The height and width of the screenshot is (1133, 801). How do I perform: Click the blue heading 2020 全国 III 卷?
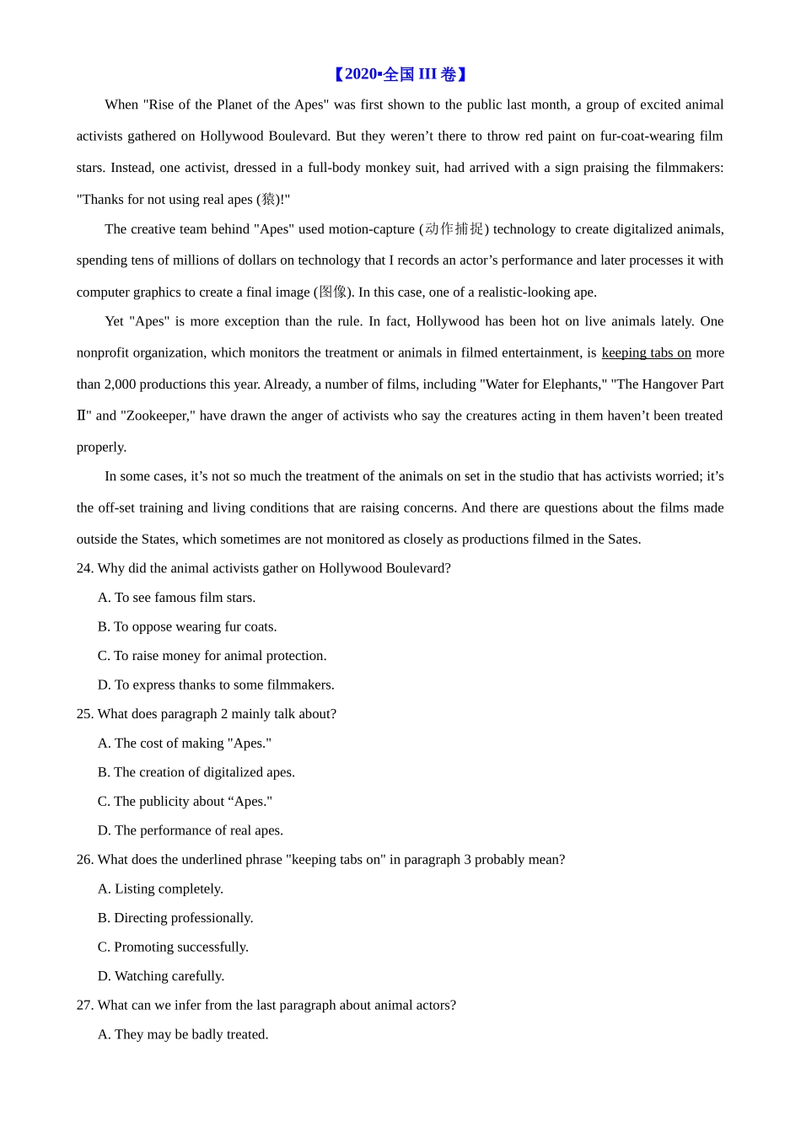400,74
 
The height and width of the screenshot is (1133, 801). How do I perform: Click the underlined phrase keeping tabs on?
646,353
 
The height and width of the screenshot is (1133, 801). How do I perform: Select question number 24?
84,568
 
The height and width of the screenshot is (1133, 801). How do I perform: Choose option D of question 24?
216,685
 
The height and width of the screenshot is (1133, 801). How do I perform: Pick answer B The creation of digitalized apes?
196,772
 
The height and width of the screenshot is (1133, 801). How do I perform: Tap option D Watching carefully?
161,976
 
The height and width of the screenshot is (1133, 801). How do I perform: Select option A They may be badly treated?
183,1034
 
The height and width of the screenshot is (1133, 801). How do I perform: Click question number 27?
84,1005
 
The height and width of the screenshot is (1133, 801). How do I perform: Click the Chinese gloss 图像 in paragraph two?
333,292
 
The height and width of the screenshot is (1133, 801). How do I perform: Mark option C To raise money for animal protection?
212,656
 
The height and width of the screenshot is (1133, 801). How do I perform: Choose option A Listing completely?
160,889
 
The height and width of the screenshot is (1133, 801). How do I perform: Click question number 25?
84,714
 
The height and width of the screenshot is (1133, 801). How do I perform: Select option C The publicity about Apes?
185,802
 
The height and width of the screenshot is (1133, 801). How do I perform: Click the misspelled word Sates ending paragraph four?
622,540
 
